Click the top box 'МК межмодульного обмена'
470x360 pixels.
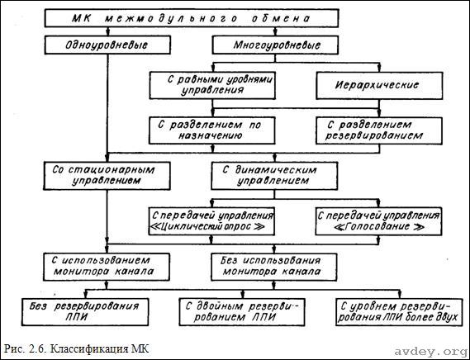(192, 18)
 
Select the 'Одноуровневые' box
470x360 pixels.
(107, 45)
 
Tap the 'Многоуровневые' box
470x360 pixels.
(275, 45)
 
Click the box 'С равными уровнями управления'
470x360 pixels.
(212, 85)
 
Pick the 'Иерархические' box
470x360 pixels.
(379, 85)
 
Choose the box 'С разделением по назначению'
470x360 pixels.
(212, 130)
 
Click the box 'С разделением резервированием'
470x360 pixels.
(379, 130)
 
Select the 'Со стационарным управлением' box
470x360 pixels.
(107, 176)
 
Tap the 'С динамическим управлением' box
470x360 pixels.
(274, 176)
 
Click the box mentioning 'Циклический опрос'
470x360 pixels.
(211, 221)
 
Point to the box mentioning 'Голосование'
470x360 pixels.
(378, 221)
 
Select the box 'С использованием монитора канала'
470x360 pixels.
(107, 267)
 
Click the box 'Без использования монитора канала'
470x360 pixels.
(274, 267)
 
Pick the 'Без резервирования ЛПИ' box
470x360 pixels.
(85, 312)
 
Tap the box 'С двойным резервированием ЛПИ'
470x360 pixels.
(242, 312)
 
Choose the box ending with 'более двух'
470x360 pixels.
(399, 312)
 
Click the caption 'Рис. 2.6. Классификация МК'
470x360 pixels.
(76, 349)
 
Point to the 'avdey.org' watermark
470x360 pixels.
(430, 351)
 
